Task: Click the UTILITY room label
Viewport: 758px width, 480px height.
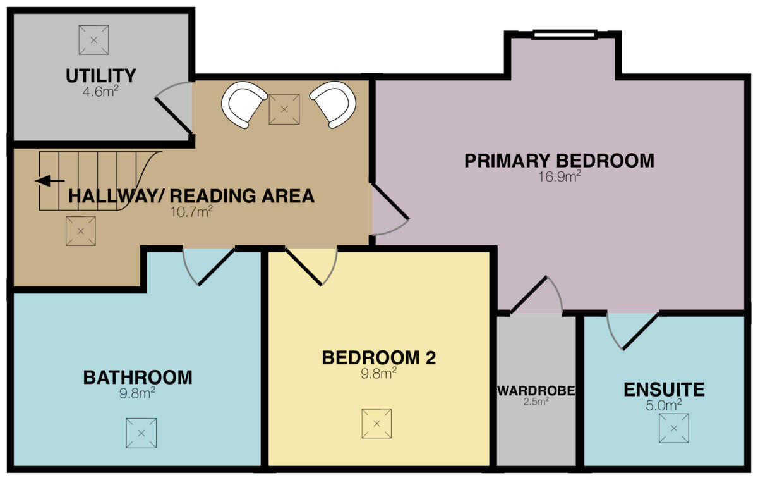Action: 101,76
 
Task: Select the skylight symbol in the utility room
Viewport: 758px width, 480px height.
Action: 93,40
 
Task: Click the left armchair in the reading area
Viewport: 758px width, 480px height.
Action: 244,104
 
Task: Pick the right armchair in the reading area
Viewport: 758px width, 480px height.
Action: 333,104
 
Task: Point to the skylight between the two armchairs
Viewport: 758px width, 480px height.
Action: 284,109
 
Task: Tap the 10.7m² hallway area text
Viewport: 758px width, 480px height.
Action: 191,211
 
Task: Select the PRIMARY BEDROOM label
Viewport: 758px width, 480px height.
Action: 559,161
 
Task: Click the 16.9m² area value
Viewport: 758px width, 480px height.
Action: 560,176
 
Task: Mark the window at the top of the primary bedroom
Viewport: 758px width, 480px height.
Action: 564,34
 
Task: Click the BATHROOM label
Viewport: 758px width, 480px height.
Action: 138,378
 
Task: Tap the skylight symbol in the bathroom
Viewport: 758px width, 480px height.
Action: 141,433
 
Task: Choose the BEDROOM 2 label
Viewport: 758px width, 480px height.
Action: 379,357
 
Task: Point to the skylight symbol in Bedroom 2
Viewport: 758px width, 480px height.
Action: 376,423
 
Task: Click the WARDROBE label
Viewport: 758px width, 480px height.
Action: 536,391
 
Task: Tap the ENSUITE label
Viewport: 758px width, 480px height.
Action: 664,389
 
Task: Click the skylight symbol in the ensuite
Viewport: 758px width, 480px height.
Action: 673,428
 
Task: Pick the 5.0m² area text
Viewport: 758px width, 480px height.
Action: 664,404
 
